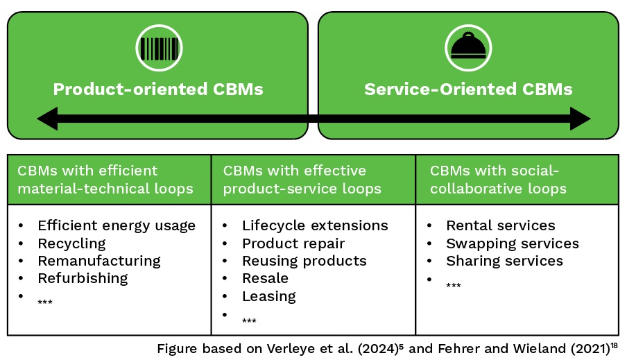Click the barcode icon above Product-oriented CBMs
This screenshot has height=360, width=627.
[158, 48]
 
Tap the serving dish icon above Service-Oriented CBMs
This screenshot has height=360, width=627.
[468, 48]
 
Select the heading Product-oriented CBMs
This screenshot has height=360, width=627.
[158, 89]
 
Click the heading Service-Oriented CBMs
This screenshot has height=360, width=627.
[468, 89]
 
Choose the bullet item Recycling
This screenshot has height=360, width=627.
[71, 243]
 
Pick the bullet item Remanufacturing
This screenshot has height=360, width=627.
[99, 261]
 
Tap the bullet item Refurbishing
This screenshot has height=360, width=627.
[83, 278]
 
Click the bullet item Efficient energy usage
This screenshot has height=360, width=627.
[117, 225]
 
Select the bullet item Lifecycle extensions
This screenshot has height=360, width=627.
[315, 225]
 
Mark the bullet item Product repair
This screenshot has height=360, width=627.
[293, 243]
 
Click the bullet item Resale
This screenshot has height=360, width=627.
[265, 278]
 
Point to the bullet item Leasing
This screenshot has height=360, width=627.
[268, 296]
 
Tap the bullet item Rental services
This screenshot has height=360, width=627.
[501, 225]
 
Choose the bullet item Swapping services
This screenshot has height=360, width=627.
[513, 243]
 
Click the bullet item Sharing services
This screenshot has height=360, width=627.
[504, 261]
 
